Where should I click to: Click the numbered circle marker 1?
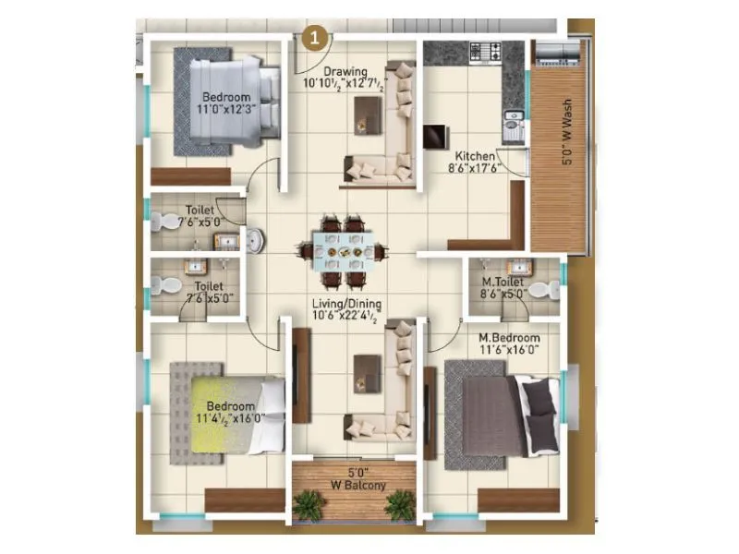[316, 38]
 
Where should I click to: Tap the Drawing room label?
[345, 71]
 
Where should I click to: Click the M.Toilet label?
[503, 282]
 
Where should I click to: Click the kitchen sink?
[510, 119]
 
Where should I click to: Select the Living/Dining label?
[346, 303]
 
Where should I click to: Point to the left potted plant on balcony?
[306, 504]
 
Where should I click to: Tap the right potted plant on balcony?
[400, 504]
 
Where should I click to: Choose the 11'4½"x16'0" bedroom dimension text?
[230, 418]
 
